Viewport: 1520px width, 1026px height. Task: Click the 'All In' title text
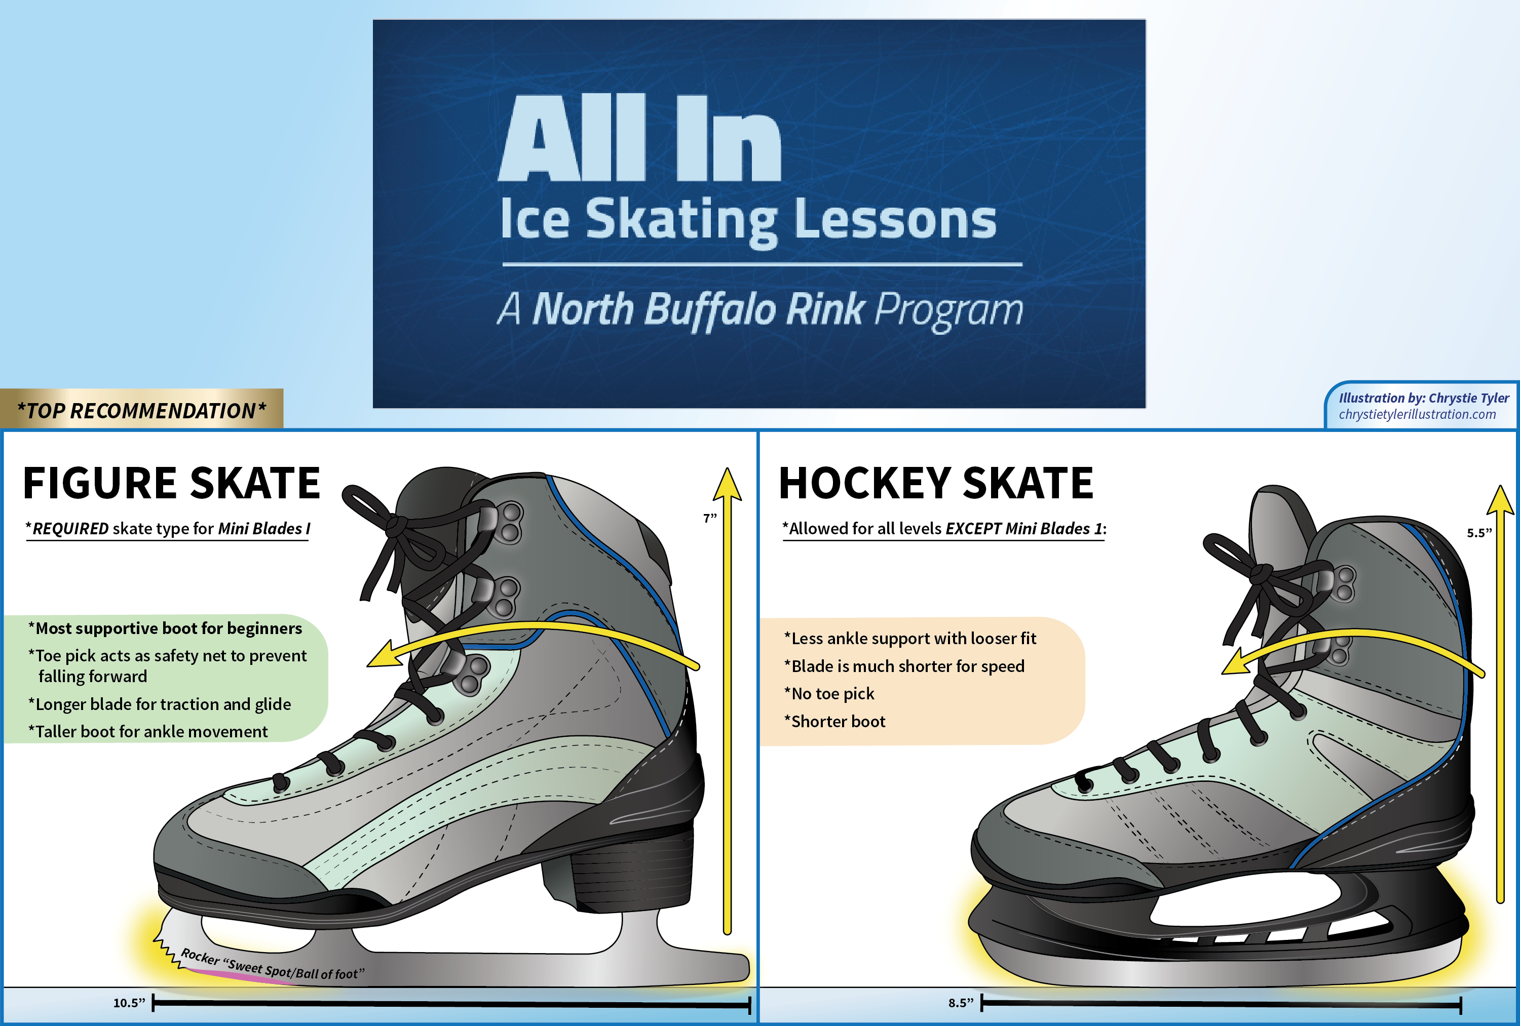click(639, 139)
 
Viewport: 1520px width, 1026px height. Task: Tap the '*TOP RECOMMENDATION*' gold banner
click(141, 411)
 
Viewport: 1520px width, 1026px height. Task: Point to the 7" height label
click(710, 519)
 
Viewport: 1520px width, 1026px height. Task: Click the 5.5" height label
click(1479, 533)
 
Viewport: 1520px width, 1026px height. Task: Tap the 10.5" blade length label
click(129, 1003)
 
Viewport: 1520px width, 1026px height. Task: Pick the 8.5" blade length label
click(961, 1003)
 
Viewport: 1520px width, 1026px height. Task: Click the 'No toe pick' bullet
click(832, 694)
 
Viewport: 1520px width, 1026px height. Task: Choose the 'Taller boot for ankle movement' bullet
click(150, 732)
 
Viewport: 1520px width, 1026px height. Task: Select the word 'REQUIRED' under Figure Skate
click(70, 528)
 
